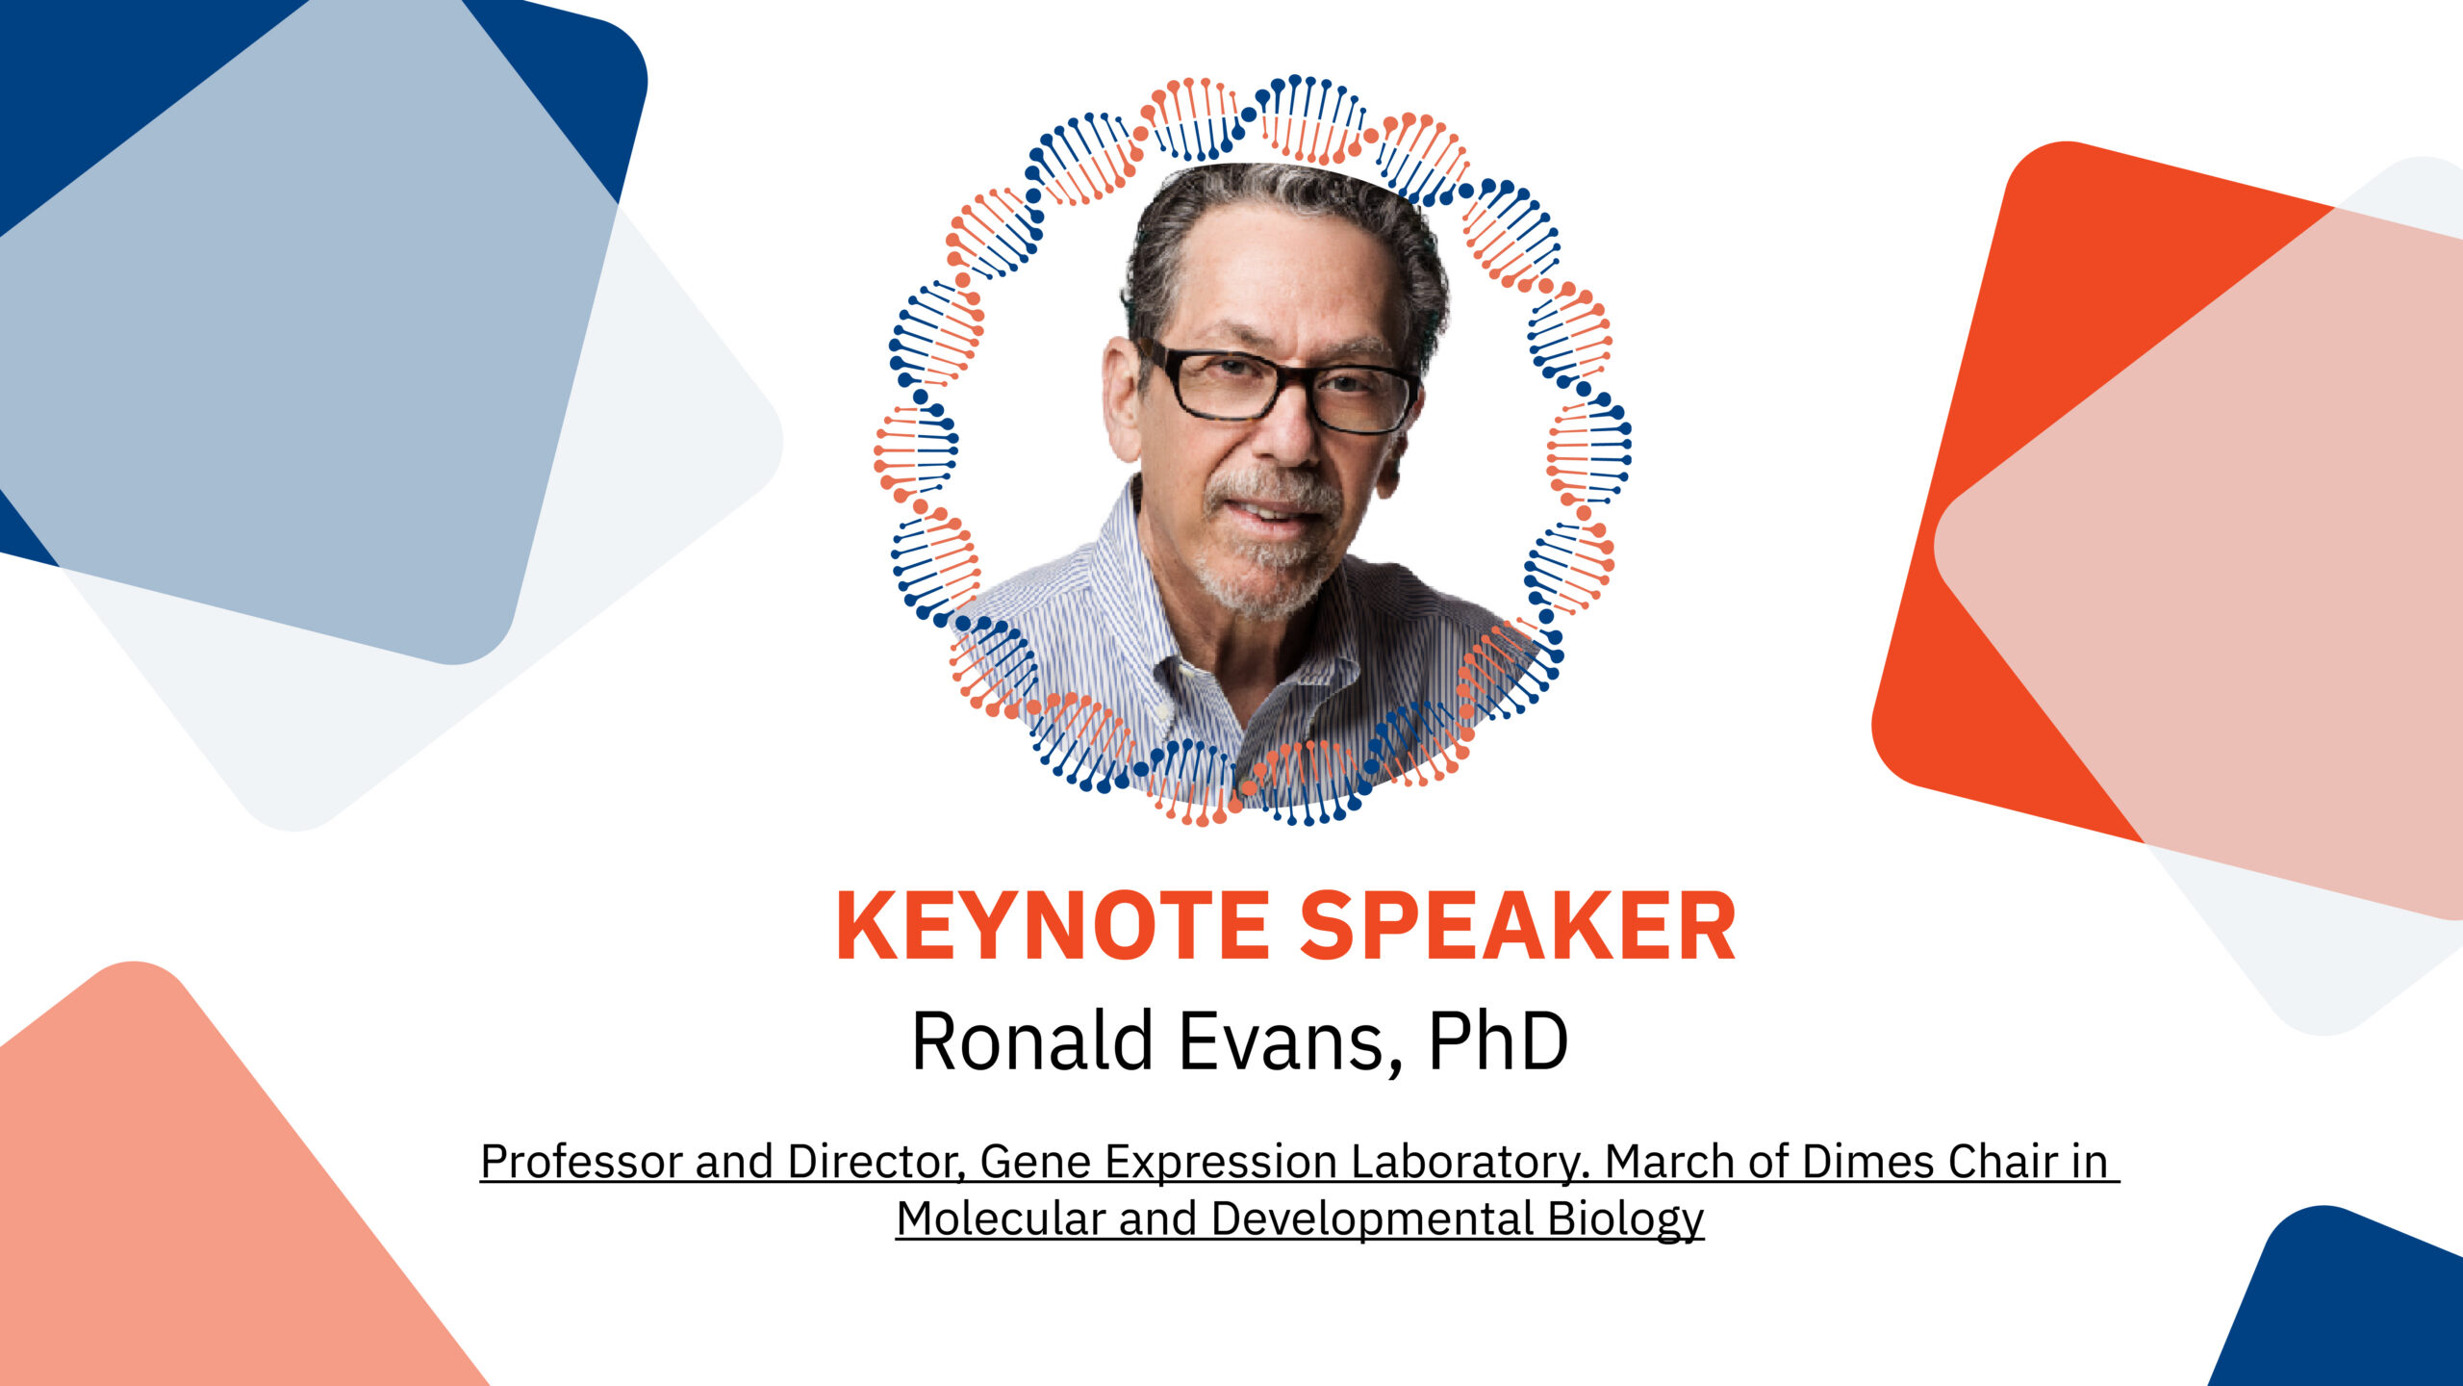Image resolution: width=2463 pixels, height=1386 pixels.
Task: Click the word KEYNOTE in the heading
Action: click(x=1053, y=926)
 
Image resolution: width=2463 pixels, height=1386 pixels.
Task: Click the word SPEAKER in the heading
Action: click(x=1518, y=926)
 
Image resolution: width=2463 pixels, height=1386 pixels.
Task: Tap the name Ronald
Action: click(x=1032, y=1040)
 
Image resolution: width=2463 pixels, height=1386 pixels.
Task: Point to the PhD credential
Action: click(x=1498, y=1040)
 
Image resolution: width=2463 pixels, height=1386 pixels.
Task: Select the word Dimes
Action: click(x=1868, y=1161)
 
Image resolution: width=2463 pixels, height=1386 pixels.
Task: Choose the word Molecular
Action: click(x=1001, y=1218)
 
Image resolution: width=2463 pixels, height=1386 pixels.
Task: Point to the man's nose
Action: click(x=1294, y=438)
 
